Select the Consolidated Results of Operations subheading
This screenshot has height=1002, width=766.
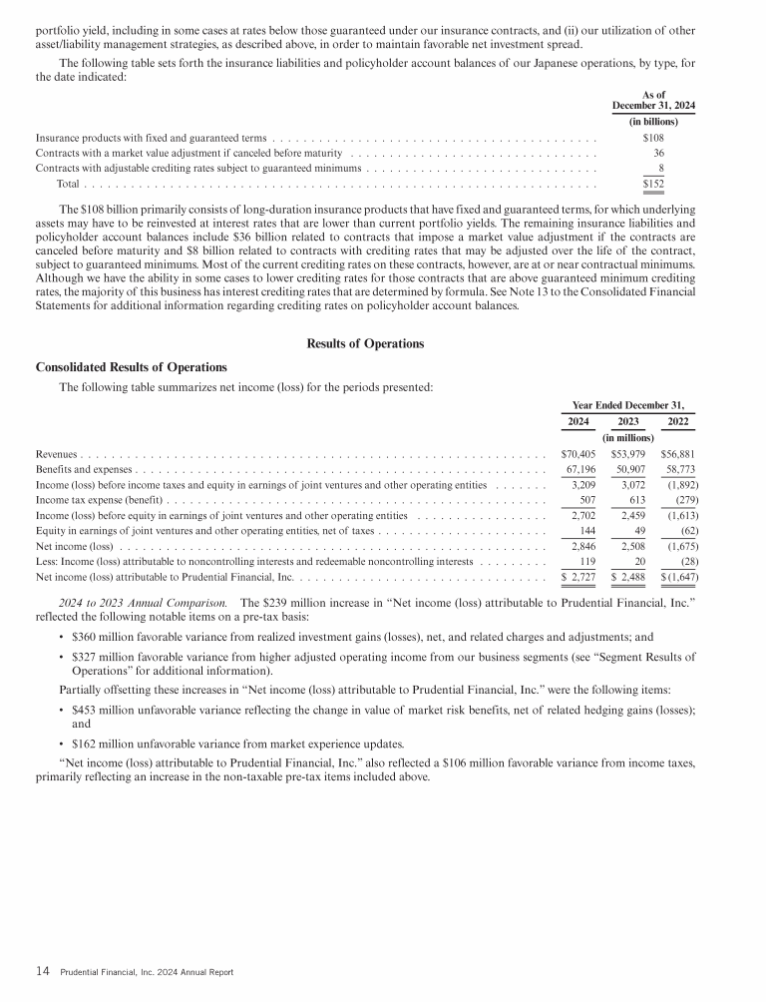click(131, 367)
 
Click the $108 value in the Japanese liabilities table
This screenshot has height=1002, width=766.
click(654, 138)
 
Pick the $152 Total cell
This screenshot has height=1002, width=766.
click(654, 184)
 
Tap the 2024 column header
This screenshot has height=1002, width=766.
click(577, 422)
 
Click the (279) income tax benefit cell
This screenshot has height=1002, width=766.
click(683, 500)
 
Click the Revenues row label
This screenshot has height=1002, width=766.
click(56, 454)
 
